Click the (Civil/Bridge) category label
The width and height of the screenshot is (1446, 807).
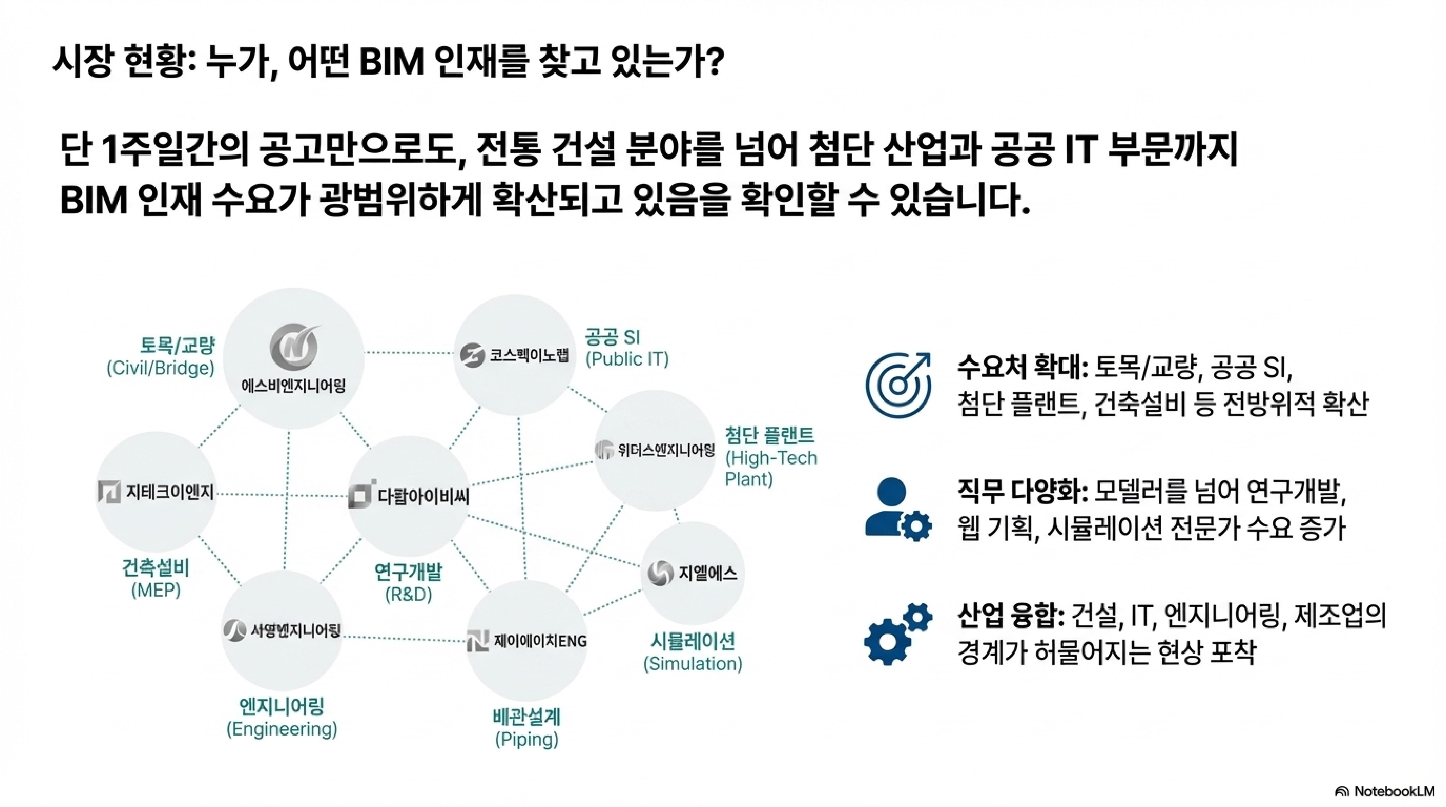click(x=161, y=368)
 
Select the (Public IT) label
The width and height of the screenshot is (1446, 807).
click(x=627, y=359)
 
